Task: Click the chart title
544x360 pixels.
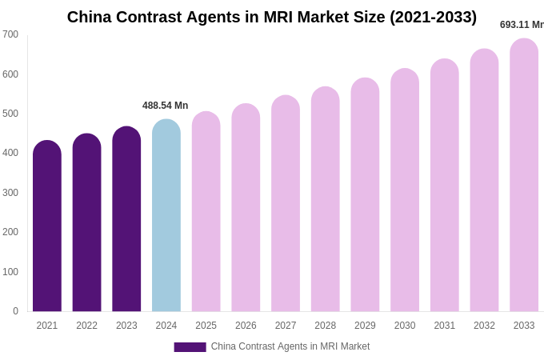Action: tap(271, 17)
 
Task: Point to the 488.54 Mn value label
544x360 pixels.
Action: tap(165, 106)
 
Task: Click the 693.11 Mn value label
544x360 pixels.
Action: tap(522, 25)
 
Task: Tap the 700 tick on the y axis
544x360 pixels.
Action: tap(10, 34)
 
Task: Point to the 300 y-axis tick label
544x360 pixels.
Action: tap(10, 193)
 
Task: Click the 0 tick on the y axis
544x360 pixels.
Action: tap(15, 311)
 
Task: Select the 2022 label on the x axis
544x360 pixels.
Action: tap(86, 326)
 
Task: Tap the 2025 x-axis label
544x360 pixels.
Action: tap(206, 326)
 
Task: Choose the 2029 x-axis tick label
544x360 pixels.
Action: tap(365, 326)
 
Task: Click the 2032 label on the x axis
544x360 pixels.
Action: tap(484, 326)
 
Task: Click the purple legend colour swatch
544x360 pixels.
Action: tap(190, 347)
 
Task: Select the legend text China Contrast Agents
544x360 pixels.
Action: tap(290, 346)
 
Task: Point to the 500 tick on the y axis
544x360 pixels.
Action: tap(10, 114)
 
